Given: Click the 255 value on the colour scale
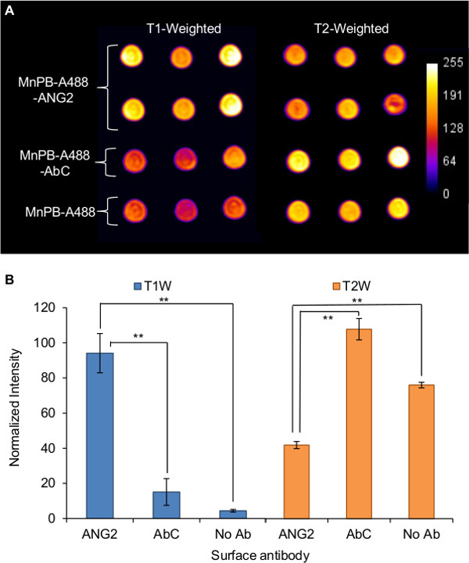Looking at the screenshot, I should point(449,68).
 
